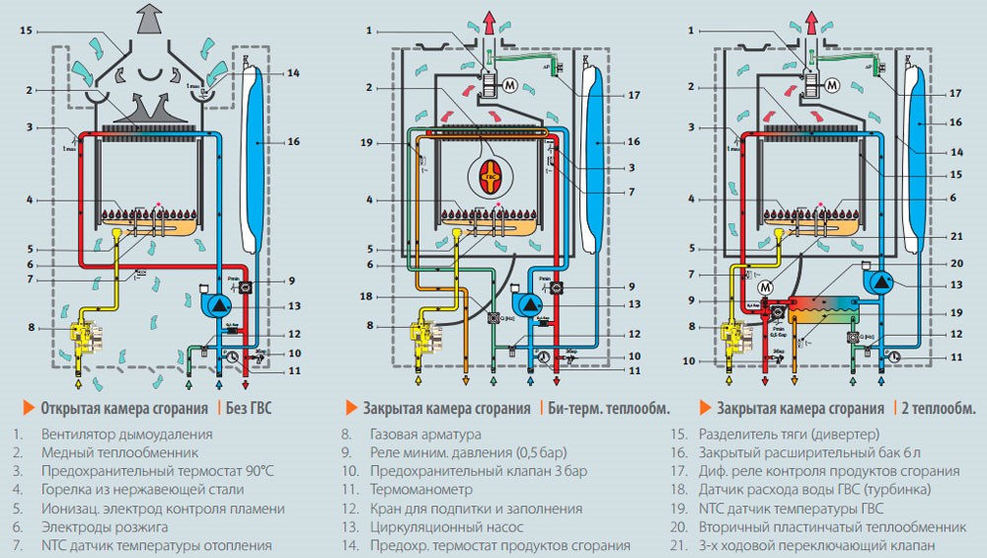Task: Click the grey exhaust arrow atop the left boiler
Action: pyautogui.click(x=148, y=18)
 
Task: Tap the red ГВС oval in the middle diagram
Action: pyautogui.click(x=490, y=179)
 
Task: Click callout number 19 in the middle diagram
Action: pyautogui.click(x=366, y=143)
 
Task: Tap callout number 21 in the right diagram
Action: pyautogui.click(x=954, y=236)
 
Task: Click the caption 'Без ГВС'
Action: pyautogui.click(x=244, y=407)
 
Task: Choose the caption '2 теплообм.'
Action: pyautogui.click(x=938, y=407)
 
